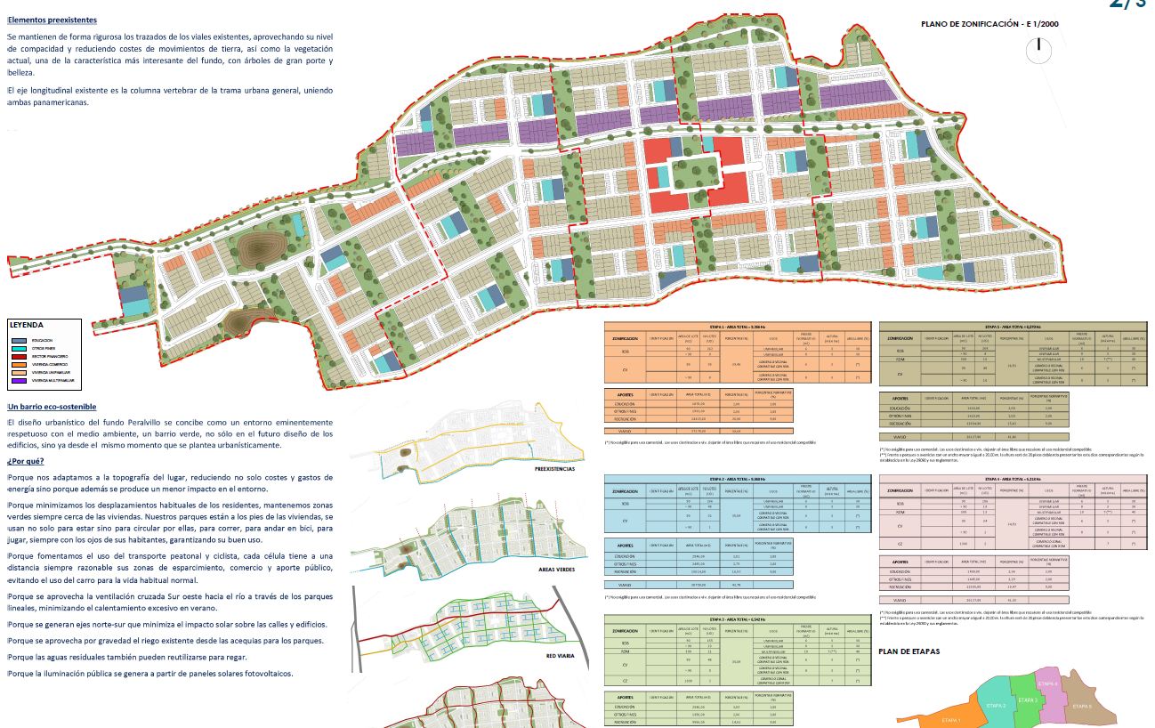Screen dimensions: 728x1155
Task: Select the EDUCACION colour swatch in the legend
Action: (19, 340)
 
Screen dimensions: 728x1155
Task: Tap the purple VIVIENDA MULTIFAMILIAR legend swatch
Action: (19, 381)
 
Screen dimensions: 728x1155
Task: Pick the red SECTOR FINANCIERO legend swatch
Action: (19, 356)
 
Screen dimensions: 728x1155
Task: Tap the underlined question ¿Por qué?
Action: (25, 461)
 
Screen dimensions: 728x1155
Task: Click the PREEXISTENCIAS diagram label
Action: (554, 469)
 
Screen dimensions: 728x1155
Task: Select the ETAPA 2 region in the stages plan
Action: (997, 705)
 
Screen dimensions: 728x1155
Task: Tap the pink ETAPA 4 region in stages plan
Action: (1050, 684)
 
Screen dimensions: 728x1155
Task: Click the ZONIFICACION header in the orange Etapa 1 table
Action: (626, 339)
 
